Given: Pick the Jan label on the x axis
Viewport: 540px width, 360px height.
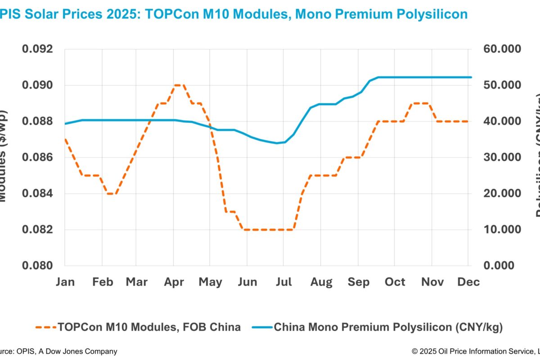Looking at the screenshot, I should coord(65,282).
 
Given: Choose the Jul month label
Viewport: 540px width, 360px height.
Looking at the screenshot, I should coord(283,282).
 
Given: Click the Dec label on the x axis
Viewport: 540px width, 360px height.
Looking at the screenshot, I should coord(468,282).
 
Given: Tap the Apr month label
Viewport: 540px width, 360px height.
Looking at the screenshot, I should coord(174,282).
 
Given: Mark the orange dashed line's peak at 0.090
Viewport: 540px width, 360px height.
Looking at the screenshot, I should coord(178,85).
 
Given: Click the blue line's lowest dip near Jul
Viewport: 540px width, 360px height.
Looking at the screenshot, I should coord(277,143).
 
